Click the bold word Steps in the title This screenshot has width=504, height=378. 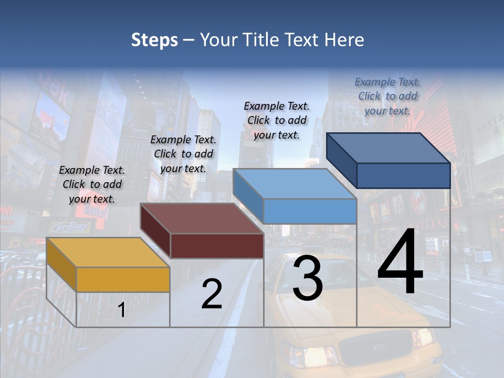[154, 40]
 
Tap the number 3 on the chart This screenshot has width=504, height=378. [308, 278]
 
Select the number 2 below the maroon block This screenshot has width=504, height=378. [212, 294]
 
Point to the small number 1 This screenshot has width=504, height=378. [122, 310]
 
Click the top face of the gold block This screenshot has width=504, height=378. [108, 253]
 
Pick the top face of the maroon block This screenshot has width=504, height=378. [202, 218]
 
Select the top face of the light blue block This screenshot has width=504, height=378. [295, 184]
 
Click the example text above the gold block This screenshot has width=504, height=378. [92, 184]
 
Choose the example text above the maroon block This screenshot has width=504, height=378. [183, 154]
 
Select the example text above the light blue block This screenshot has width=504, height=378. [277, 120]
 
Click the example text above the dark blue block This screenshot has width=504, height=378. [387, 96]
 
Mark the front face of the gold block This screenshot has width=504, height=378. [123, 279]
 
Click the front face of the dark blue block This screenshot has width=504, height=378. [403, 175]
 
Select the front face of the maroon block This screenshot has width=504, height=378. [217, 246]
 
